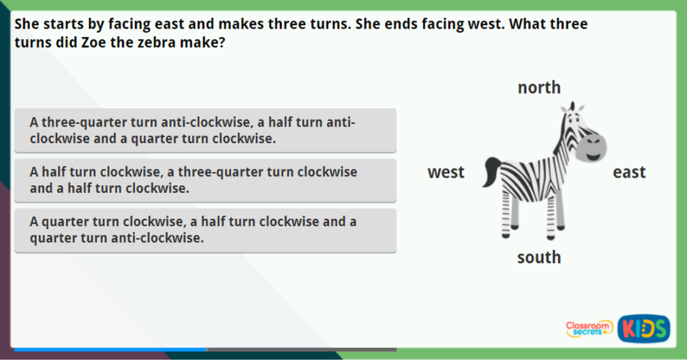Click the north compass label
coord(539,87)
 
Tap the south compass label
coord(539,257)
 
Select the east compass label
coord(629,172)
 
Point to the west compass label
coord(446,172)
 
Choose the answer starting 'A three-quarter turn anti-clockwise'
coord(205,130)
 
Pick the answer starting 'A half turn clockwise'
coord(205,180)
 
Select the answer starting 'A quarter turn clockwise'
coord(205,230)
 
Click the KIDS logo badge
coord(643,328)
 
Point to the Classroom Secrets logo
coord(588,328)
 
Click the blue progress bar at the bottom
coord(109,349)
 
